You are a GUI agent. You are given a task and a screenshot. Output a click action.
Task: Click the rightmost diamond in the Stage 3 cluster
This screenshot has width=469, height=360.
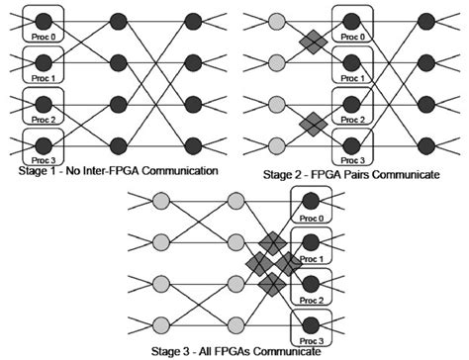(290, 264)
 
